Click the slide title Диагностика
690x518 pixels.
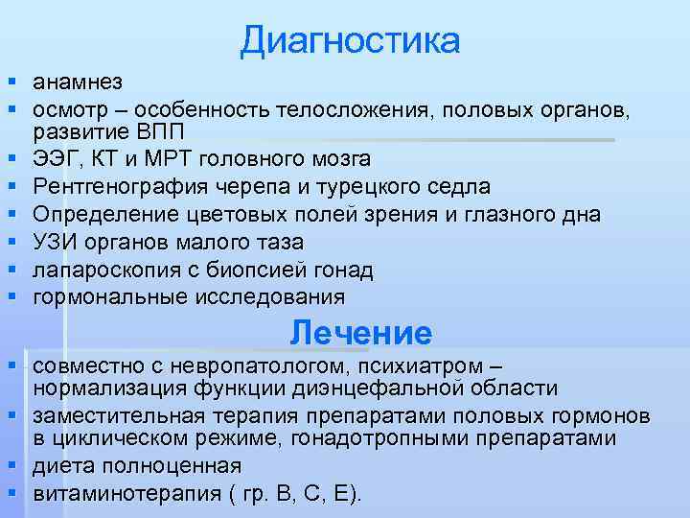click(x=350, y=40)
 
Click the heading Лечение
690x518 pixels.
click(x=361, y=334)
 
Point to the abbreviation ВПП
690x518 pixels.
click(x=143, y=131)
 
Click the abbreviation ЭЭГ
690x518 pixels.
click(x=55, y=158)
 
